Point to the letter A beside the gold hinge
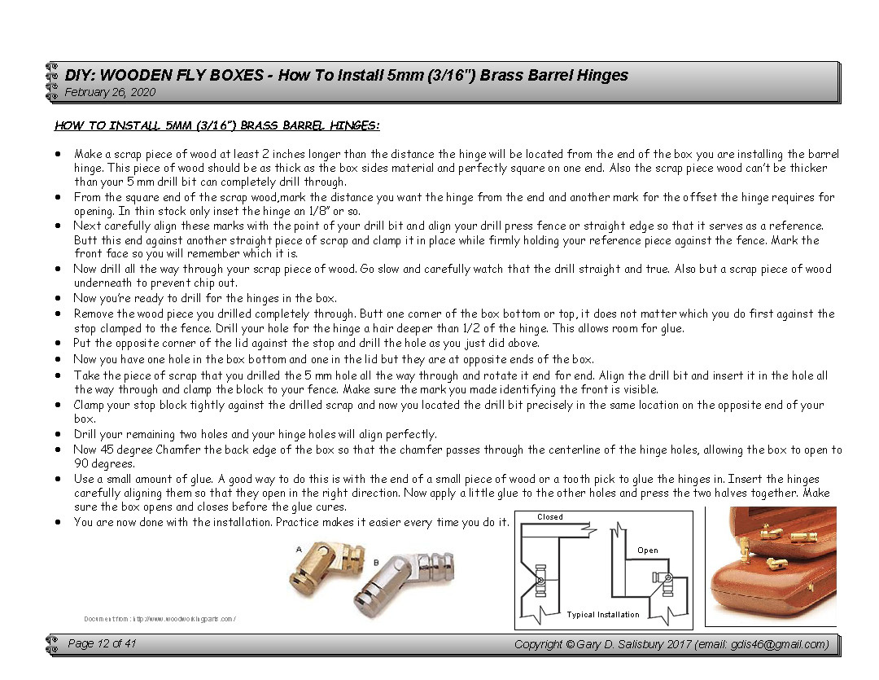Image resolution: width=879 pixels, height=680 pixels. point(299,550)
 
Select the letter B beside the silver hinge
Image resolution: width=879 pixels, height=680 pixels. point(376,562)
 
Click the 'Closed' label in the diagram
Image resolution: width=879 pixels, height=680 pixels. point(550,517)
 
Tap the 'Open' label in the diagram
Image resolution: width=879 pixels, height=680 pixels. point(648,551)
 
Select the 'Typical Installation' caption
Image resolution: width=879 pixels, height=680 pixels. point(603,615)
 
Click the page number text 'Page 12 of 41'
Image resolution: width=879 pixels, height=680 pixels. point(102,644)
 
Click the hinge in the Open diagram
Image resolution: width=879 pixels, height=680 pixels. point(662,580)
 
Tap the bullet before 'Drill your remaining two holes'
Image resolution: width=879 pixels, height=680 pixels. point(58,435)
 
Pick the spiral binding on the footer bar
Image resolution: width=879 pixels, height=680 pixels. point(52,645)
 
